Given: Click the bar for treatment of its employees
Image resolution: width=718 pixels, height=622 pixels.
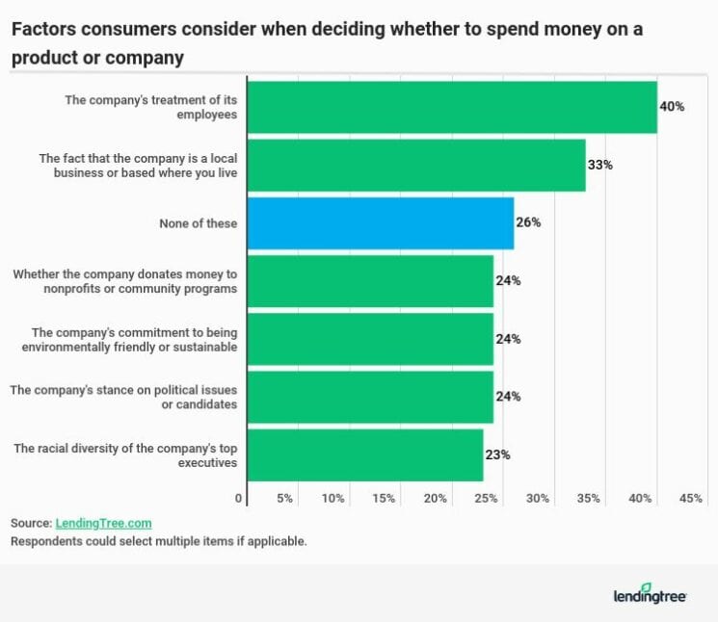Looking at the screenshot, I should coord(451,107).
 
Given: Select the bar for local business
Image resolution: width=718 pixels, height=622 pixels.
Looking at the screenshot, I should coord(415,165).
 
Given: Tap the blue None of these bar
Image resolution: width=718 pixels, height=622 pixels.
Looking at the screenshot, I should coord(380,222).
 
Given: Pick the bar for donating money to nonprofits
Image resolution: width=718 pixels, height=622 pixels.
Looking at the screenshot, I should coord(370,280).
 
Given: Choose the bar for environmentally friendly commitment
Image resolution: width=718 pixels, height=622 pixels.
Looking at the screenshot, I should coord(370,338).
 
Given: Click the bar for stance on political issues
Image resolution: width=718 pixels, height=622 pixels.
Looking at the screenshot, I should coord(370,396).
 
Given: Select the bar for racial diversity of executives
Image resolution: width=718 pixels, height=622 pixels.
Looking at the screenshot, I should coord(364,454).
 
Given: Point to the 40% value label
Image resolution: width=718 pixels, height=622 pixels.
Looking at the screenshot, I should coord(672,107).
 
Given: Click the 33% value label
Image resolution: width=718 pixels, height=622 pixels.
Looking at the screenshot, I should coord(599,165).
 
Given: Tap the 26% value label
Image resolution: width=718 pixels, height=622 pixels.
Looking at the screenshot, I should coord(528,222).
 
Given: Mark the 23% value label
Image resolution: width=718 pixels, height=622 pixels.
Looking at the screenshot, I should coord(497,454).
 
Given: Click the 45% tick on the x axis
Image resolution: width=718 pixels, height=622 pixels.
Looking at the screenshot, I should coord(691,498).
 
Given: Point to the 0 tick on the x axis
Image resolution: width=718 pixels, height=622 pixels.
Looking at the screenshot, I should coord(239,498).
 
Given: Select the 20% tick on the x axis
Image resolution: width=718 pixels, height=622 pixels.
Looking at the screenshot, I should coord(435,498).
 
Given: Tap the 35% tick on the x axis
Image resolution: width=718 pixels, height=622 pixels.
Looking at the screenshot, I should coord(589,498).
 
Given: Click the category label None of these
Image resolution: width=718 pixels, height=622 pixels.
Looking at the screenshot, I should coord(199,222).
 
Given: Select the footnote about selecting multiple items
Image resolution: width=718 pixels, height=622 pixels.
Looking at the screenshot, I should coord(158,541).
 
